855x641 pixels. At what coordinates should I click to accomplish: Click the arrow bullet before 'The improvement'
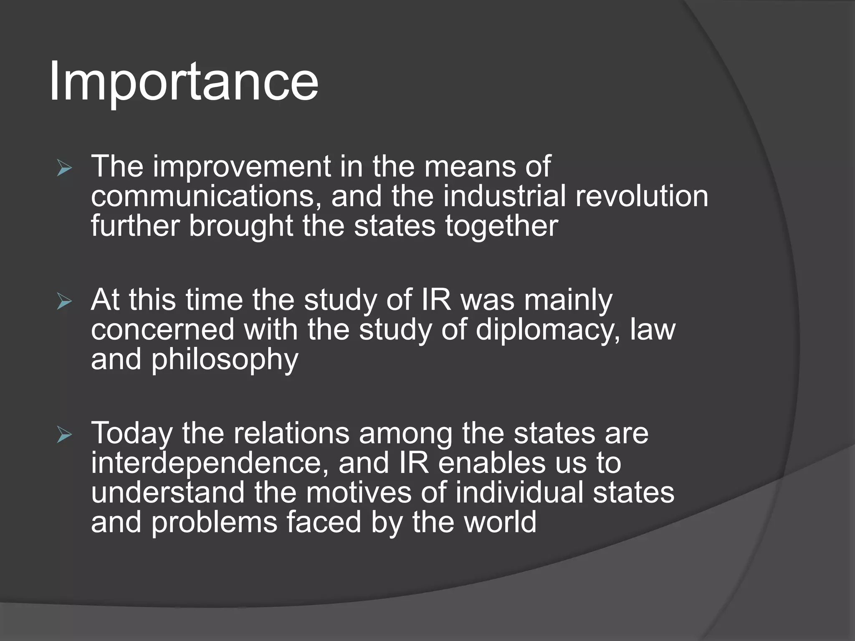click(x=64, y=169)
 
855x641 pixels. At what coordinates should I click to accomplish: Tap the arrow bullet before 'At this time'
click(x=64, y=302)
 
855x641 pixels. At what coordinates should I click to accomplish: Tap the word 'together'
click(x=501, y=226)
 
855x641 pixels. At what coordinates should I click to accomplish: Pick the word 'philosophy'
click(x=224, y=360)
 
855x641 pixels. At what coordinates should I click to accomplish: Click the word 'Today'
click(x=132, y=434)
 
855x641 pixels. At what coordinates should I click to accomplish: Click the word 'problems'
click(x=214, y=522)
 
